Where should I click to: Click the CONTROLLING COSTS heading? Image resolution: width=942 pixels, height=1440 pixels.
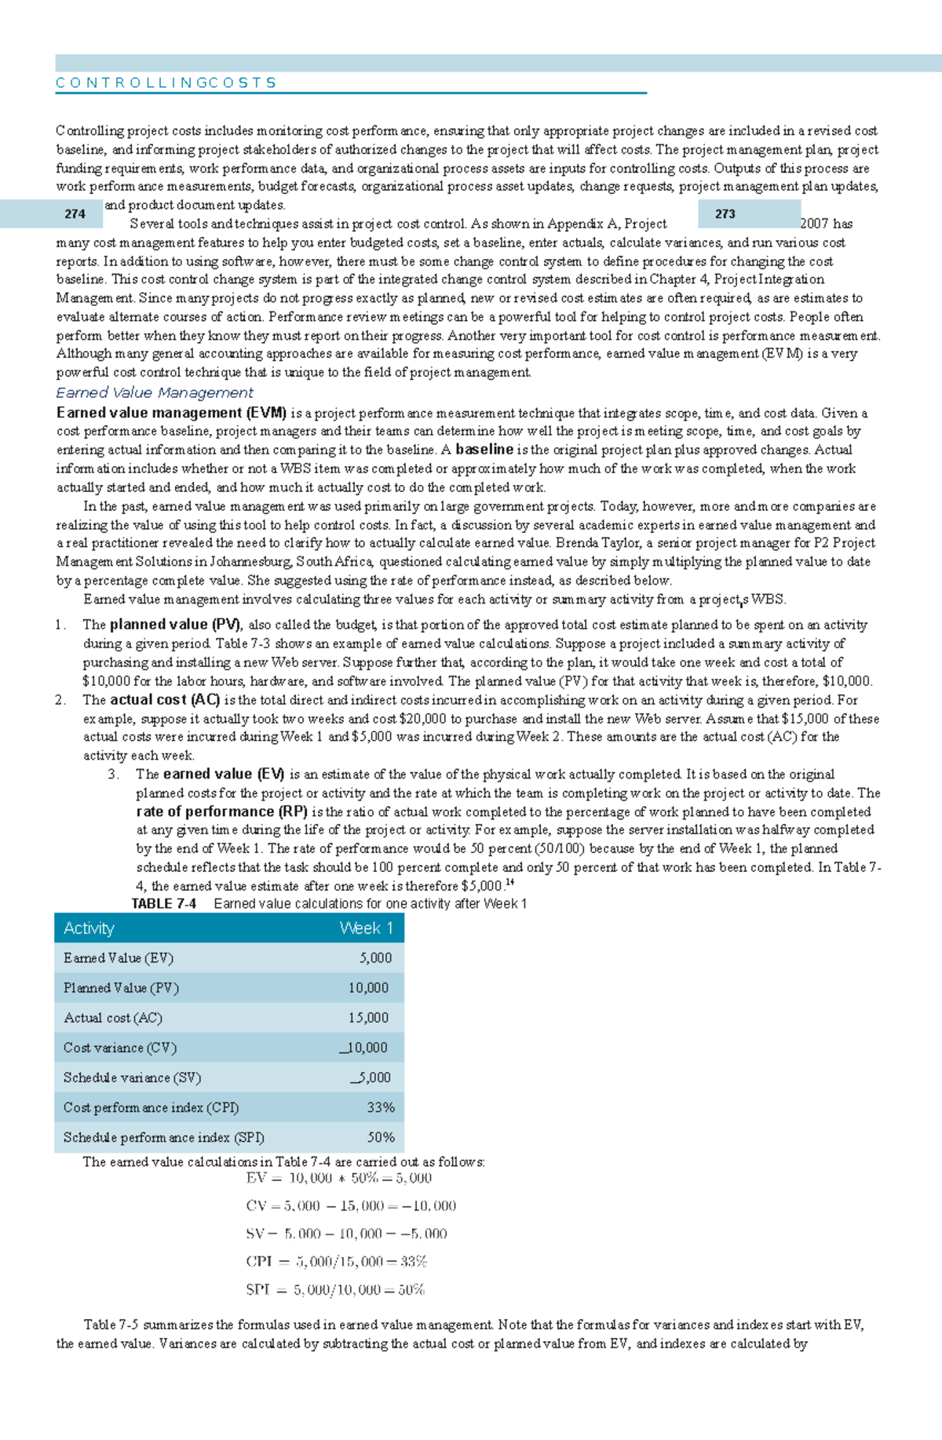(166, 82)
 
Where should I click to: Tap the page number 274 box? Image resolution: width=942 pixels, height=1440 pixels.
(75, 213)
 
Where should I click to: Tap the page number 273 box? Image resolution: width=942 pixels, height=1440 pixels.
(725, 213)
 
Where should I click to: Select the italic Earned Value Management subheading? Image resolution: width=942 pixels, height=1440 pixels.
(155, 392)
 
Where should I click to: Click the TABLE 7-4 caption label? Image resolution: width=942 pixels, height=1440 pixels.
(163, 903)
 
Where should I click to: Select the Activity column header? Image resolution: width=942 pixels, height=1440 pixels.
(89, 928)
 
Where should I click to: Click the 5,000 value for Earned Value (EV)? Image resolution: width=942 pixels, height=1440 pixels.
(375, 958)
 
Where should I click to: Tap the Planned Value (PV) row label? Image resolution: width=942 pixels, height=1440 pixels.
(121, 988)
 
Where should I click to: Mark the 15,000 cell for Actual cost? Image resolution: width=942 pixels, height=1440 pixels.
(368, 1018)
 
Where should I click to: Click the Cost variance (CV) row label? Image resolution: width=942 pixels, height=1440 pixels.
(119, 1048)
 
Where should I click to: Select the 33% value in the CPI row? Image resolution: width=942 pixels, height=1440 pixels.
(380, 1107)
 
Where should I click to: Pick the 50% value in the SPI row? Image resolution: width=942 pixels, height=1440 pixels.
(381, 1137)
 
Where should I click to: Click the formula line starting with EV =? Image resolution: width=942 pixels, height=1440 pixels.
(338, 1177)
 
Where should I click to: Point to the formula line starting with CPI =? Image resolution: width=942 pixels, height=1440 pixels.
(336, 1261)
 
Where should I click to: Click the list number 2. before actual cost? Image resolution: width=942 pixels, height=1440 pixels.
(60, 700)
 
